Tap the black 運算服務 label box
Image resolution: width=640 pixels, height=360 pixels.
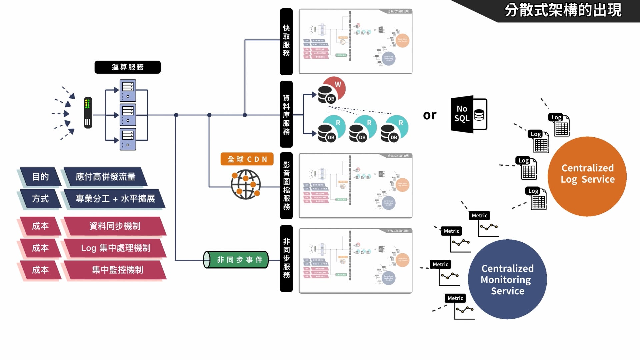tap(127, 67)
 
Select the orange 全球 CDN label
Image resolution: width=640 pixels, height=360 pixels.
tap(247, 159)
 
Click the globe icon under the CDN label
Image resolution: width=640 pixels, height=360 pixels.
tap(246, 184)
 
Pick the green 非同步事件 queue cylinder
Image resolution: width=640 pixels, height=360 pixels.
tap(236, 260)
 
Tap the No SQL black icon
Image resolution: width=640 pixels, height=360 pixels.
tap(468, 114)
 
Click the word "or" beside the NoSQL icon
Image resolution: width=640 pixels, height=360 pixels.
tap(429, 115)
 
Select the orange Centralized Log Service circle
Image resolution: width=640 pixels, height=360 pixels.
tap(587, 176)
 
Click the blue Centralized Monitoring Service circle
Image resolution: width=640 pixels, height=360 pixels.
tap(507, 279)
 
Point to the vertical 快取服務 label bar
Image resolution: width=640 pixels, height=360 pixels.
tap(286, 42)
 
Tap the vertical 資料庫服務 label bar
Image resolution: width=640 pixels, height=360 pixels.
tap(286, 114)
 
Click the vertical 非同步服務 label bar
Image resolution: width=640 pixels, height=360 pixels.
tap(286, 258)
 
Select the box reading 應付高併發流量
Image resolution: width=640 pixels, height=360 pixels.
tap(105, 177)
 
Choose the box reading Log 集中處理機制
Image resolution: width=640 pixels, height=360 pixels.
tap(115, 248)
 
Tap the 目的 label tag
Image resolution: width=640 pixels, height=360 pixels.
tap(40, 177)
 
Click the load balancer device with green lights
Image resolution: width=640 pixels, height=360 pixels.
tap(88, 113)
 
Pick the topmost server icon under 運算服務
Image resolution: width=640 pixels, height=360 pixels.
tap(128, 90)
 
